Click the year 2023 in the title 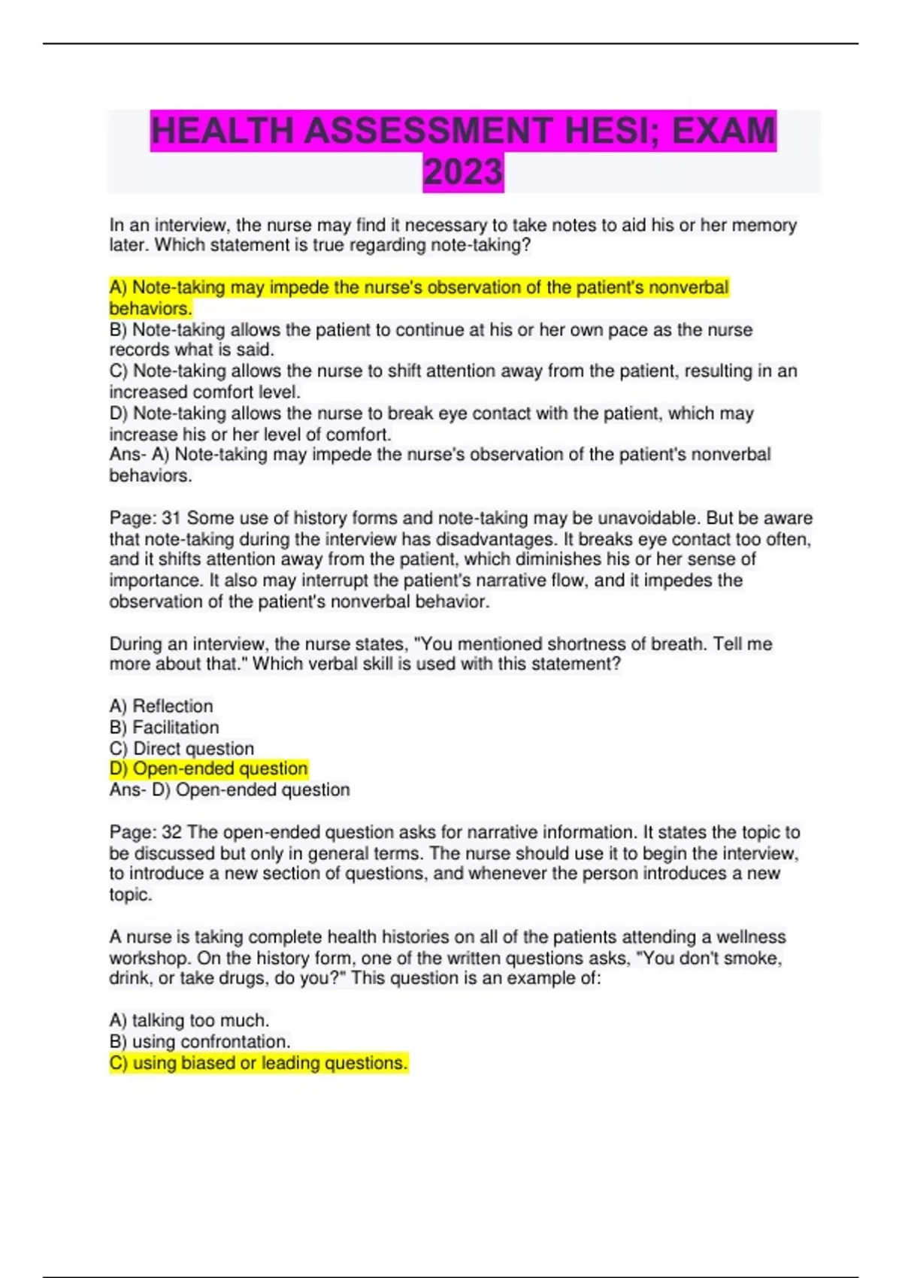pos(463,172)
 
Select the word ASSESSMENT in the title pos(427,131)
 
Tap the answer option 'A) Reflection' pos(161,706)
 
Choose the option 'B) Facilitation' pos(164,727)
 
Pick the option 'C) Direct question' pos(181,748)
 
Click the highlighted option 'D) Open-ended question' pos(208,768)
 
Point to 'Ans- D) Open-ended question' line pos(229,789)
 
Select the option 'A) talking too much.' pos(189,1020)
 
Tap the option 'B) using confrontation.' pos(199,1041)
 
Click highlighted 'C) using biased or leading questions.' pos(258,1062)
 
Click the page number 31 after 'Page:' pos(171,518)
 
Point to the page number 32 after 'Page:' pos(171,832)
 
